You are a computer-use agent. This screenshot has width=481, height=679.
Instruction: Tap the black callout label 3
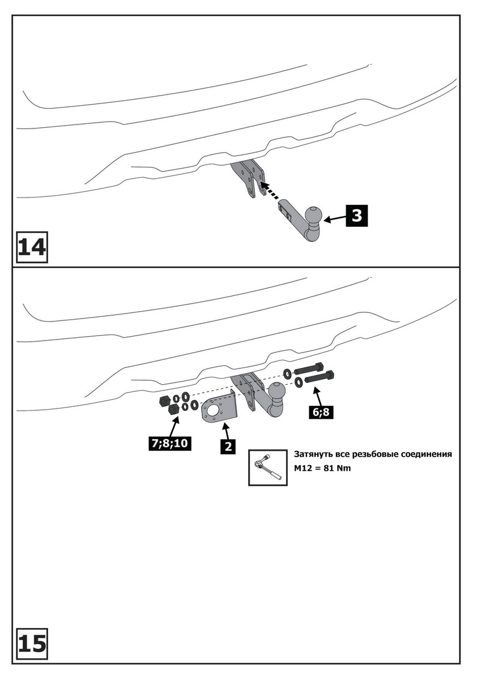(x=357, y=215)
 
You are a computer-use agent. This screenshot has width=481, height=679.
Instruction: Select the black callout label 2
(x=228, y=446)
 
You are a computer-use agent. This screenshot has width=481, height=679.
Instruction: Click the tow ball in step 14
(x=313, y=216)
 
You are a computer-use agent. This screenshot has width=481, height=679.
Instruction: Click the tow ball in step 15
(x=278, y=392)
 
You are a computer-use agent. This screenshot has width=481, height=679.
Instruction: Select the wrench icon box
(x=268, y=467)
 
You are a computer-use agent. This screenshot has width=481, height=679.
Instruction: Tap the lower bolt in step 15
(x=320, y=377)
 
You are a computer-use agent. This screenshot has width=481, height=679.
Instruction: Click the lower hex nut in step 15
(x=174, y=409)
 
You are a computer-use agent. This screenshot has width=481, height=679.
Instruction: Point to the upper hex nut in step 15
(x=162, y=401)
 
